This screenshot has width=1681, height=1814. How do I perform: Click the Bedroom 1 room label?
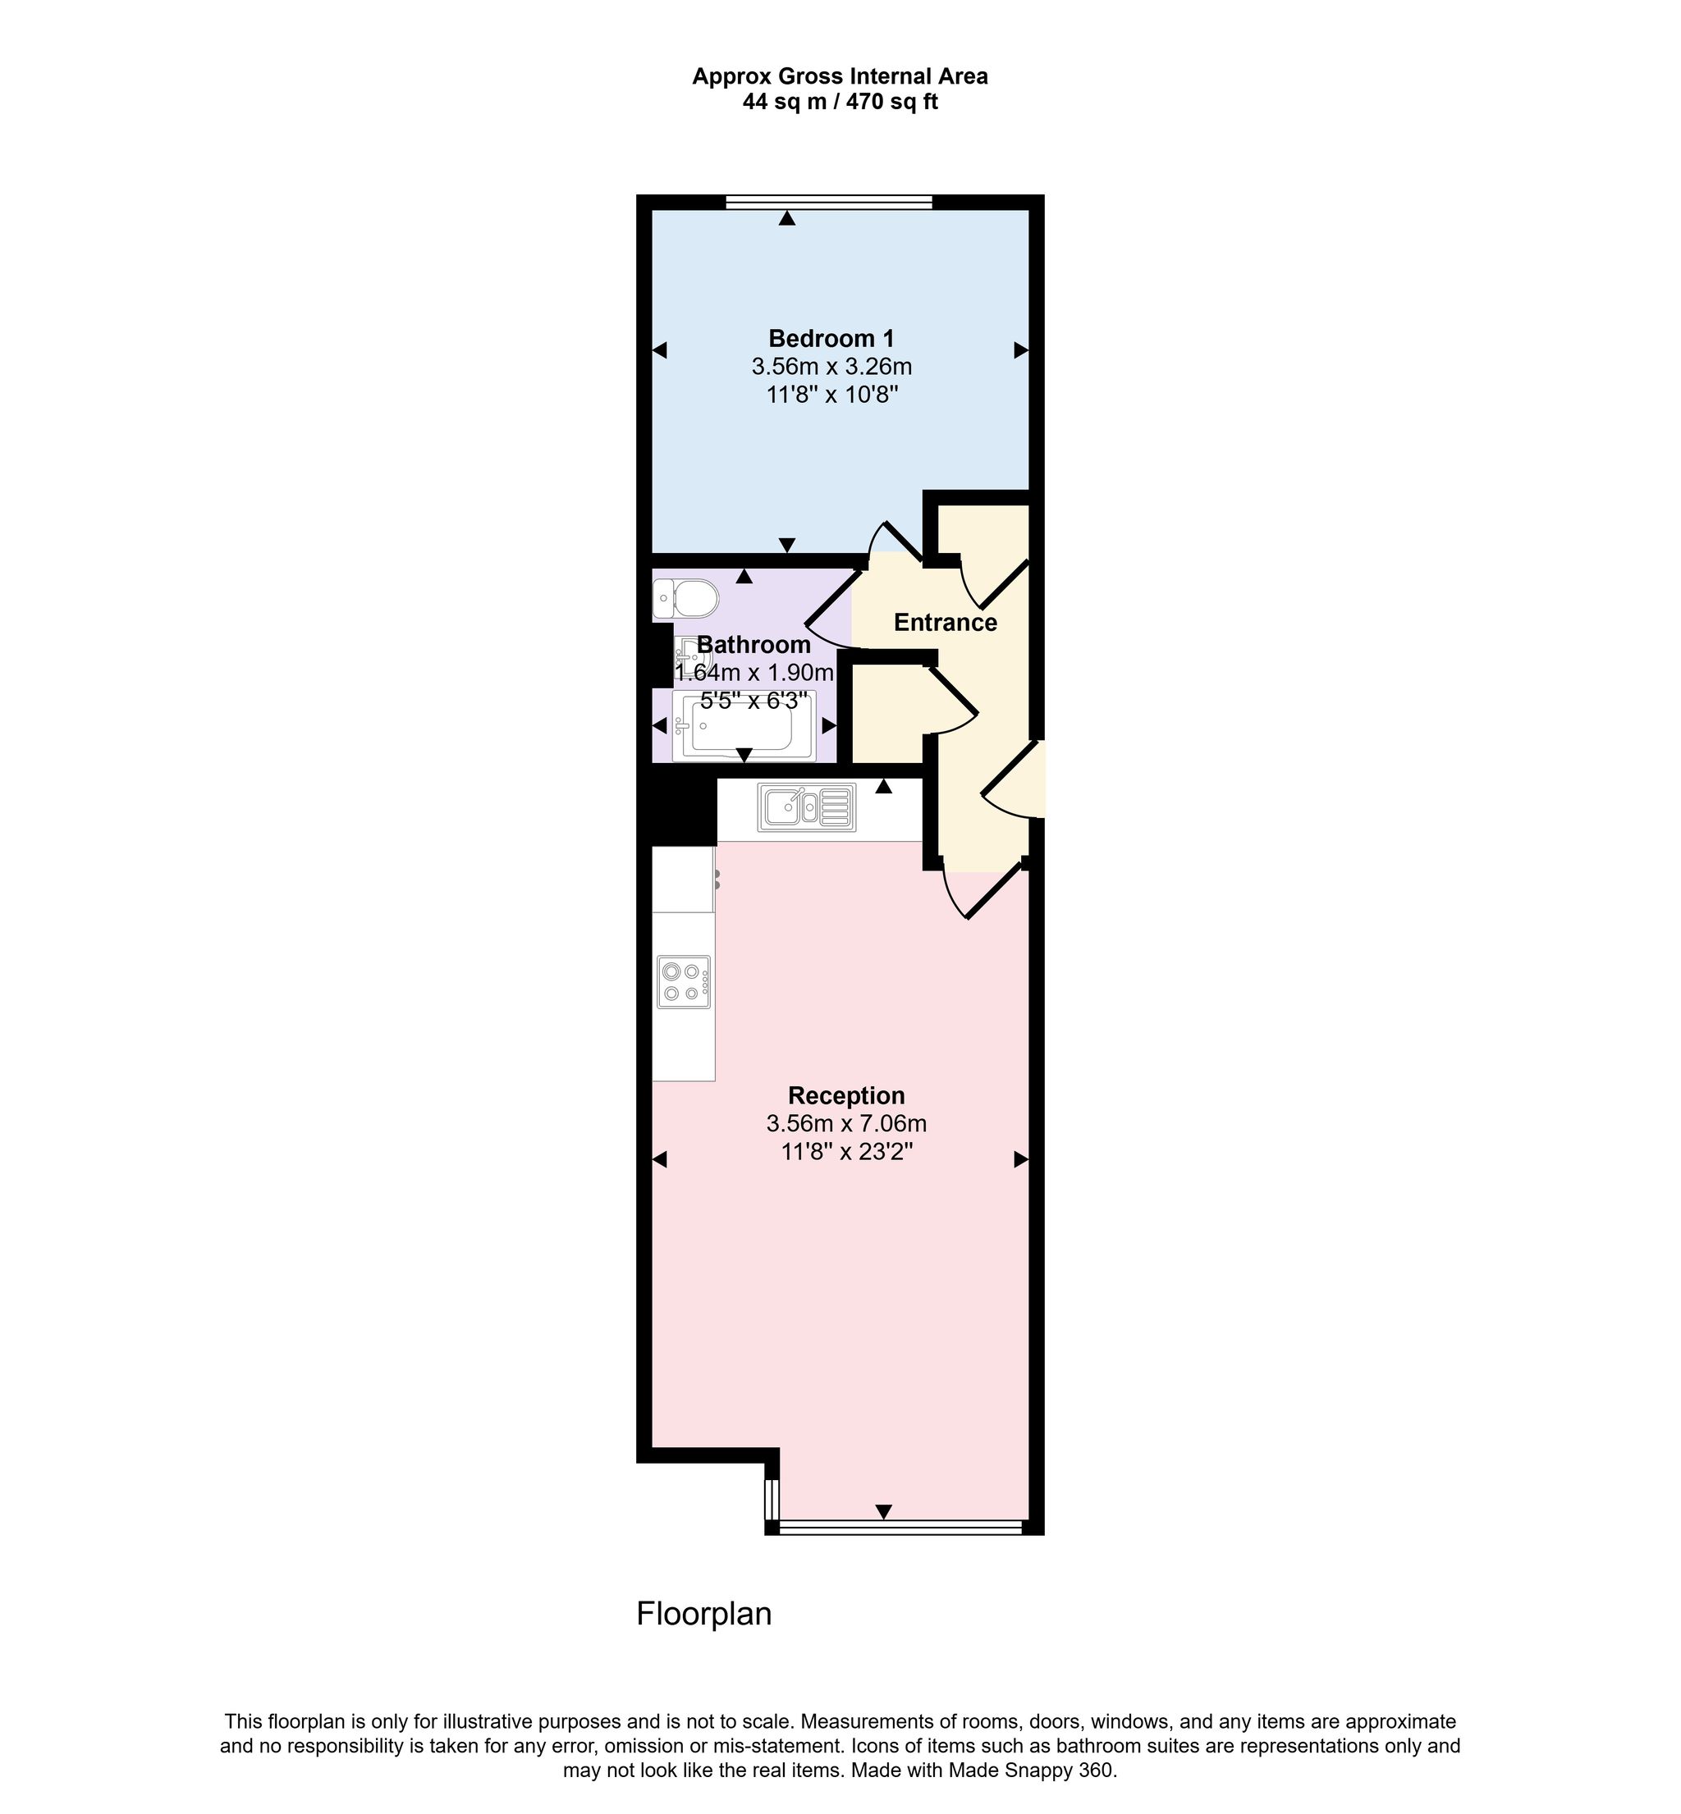click(x=831, y=339)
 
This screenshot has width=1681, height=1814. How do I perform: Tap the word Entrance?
click(x=945, y=623)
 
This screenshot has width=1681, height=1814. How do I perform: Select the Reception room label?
click(x=846, y=1095)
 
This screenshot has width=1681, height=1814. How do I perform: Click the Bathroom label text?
click(x=754, y=645)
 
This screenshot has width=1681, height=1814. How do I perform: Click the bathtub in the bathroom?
click(x=743, y=724)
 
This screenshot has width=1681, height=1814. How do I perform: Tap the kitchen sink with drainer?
click(x=807, y=806)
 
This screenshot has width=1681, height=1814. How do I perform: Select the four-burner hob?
click(x=684, y=982)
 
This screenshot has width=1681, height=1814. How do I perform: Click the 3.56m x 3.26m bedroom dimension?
click(x=831, y=368)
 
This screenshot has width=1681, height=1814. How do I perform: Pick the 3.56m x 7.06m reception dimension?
click(x=846, y=1124)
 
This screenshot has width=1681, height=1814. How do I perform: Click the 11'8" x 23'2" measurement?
click(x=846, y=1152)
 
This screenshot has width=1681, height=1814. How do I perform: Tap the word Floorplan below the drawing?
click(x=704, y=1614)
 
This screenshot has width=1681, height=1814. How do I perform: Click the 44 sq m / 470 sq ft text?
click(x=840, y=102)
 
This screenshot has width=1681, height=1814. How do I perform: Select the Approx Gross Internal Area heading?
click(x=840, y=76)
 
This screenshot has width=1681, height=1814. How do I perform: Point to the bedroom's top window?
click(x=830, y=202)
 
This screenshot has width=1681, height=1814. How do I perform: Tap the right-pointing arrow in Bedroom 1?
click(x=1022, y=350)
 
